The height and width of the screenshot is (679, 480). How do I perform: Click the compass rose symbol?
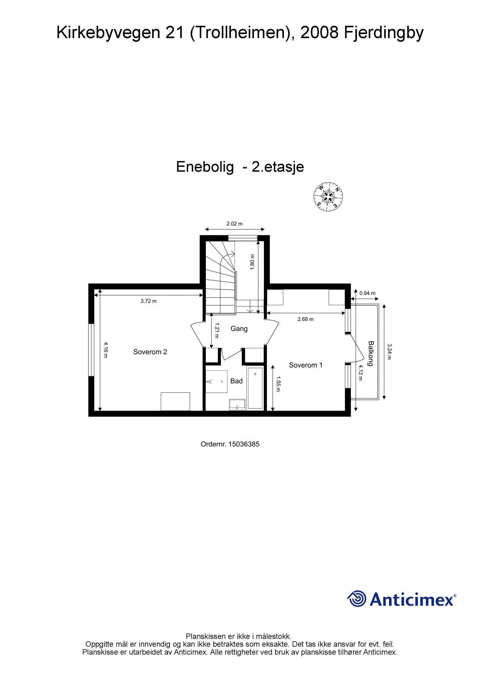[x=328, y=197]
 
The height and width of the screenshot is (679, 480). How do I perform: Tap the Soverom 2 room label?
[x=150, y=352]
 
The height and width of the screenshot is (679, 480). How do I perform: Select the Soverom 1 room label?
[x=305, y=365]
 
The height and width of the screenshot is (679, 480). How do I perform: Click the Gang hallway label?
[x=239, y=329]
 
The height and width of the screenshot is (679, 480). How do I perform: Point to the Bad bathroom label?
[x=236, y=381]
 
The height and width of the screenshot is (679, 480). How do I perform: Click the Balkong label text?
[x=371, y=353]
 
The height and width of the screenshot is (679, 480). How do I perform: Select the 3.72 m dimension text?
[x=148, y=301]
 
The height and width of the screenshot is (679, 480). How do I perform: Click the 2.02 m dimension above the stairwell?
[x=235, y=224]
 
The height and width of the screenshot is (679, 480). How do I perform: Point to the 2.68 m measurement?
[x=305, y=319]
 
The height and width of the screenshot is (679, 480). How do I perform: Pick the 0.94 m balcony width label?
[x=367, y=293]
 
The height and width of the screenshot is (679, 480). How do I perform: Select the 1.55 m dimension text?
[x=278, y=384]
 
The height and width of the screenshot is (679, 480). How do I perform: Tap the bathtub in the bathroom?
[x=255, y=387]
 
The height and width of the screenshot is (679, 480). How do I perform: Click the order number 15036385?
[x=244, y=444]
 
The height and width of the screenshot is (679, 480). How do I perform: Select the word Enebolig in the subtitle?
[x=205, y=167]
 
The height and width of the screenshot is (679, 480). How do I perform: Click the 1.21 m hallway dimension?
[x=217, y=330]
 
